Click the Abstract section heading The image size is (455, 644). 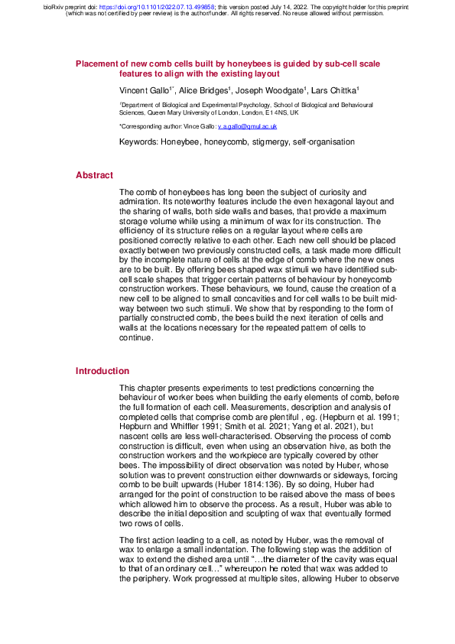point(94,175)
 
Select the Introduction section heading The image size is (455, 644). point(102,371)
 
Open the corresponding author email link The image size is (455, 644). point(247,125)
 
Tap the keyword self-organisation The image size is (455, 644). point(321,142)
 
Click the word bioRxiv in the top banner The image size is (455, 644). point(54,6)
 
